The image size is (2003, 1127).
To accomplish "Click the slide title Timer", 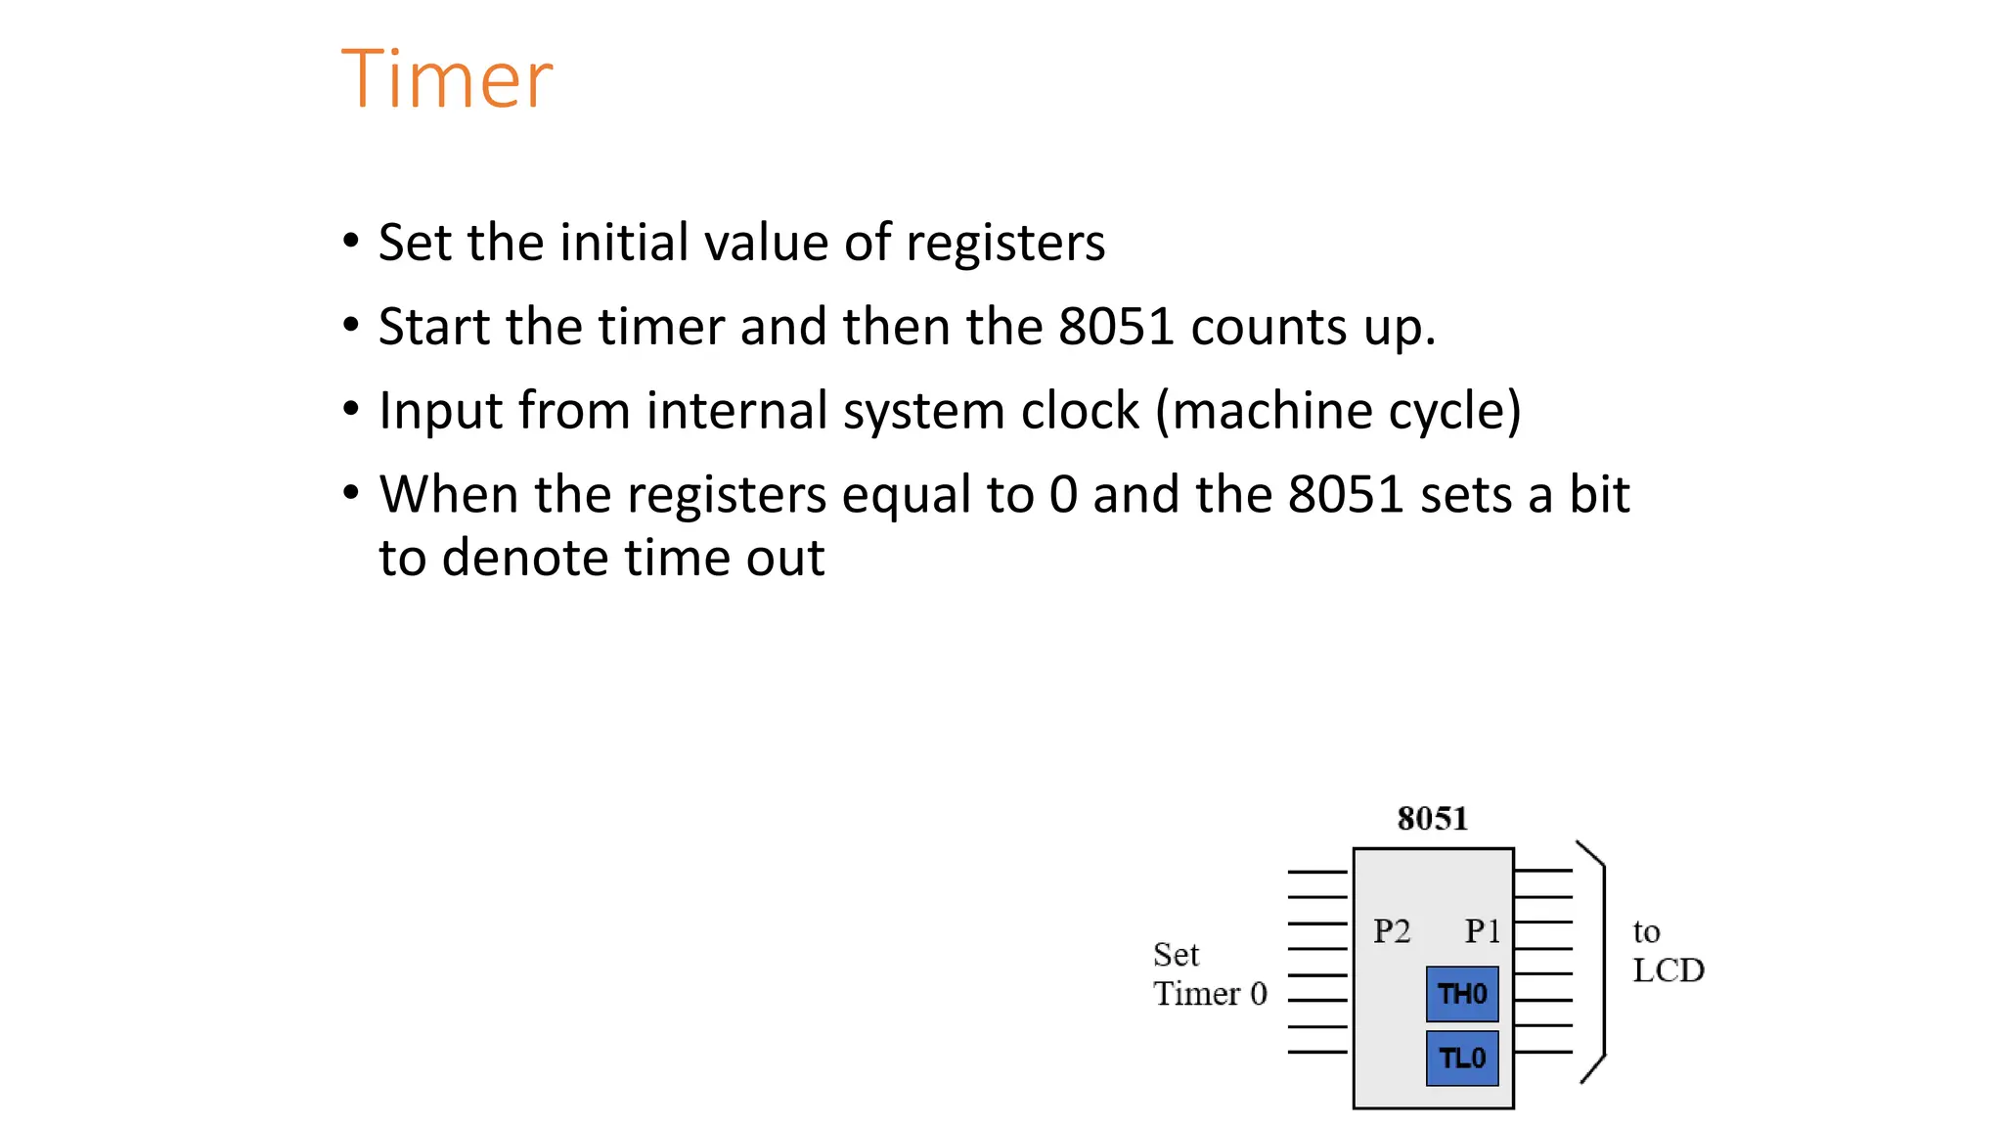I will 447,79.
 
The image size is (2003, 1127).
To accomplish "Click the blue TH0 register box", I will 1462,994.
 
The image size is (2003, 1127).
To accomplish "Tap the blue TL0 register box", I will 1462,1058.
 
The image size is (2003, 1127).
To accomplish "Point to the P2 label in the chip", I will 1392,931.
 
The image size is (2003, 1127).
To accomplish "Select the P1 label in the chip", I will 1482,931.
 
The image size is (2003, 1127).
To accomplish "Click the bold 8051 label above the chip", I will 1433,819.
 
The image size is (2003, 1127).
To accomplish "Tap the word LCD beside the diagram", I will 1669,970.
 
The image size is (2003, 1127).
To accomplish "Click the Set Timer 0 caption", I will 1210,974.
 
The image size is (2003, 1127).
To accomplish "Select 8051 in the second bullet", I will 1116,327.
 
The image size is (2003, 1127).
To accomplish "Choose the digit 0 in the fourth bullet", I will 1063,495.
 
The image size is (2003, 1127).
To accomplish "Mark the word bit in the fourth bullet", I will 1599,495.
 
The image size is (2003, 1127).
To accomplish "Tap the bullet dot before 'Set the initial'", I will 351,241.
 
